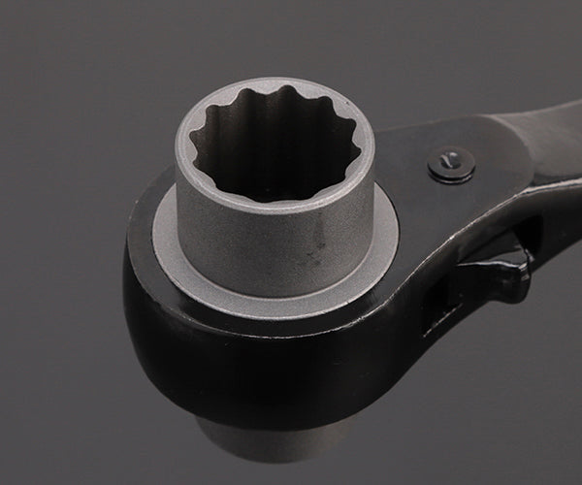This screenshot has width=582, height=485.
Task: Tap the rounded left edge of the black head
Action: pyautogui.click(x=136, y=291)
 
